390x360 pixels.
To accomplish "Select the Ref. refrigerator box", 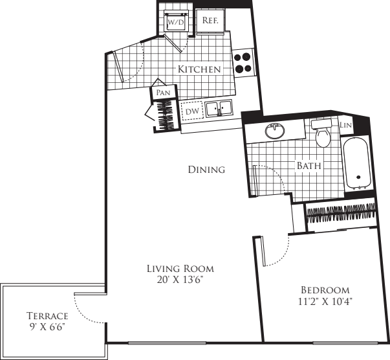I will (x=210, y=21).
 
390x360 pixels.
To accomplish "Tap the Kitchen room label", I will (x=200, y=69).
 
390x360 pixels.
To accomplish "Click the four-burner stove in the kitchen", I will (x=243, y=62).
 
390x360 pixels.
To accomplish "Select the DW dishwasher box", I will (x=191, y=111).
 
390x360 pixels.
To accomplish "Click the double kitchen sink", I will (x=219, y=109).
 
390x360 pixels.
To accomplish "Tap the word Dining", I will (x=206, y=170).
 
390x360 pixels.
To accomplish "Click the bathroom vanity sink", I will (x=276, y=131).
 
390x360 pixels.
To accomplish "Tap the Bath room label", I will (x=309, y=166).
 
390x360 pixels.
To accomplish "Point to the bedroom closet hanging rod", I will (x=341, y=212).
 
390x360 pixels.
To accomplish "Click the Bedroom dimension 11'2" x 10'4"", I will (x=325, y=301).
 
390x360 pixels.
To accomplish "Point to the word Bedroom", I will (x=325, y=290).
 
